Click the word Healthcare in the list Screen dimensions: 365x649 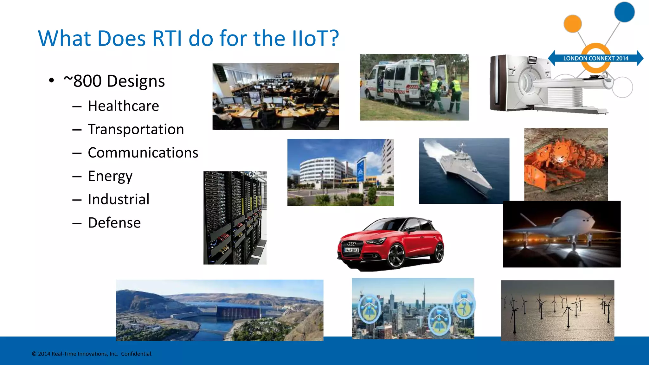(x=123, y=106)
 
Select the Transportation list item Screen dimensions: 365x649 (x=136, y=129)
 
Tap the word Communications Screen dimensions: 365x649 (x=143, y=153)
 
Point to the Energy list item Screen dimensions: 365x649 (x=110, y=176)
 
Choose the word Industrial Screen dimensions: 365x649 (x=119, y=199)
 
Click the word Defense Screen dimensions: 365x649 (x=114, y=223)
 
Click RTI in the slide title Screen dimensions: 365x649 (x=167, y=38)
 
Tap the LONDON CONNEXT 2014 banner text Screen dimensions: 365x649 (x=595, y=58)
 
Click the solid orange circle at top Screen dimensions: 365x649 (x=573, y=23)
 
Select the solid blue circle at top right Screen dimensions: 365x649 (x=624, y=12)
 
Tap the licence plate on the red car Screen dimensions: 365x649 (x=351, y=250)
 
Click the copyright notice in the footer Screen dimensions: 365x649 (x=92, y=354)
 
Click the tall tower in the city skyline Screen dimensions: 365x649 (x=424, y=295)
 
